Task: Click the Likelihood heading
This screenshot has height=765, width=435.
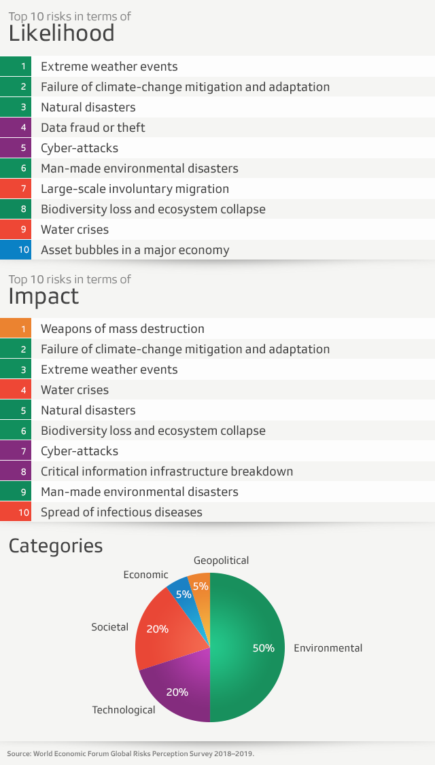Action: click(61, 33)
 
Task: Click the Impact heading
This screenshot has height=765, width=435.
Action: click(43, 296)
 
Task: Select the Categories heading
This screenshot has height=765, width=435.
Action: click(56, 546)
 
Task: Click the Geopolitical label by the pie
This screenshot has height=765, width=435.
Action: click(221, 561)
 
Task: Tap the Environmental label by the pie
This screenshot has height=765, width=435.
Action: click(328, 648)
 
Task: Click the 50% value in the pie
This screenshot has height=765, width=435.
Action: click(263, 648)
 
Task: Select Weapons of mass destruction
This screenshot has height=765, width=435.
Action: click(122, 329)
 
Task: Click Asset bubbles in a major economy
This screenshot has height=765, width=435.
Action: click(135, 250)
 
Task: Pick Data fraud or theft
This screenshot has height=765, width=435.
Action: click(92, 128)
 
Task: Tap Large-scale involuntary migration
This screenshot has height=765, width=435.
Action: click(135, 189)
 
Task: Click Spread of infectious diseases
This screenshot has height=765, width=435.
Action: click(121, 512)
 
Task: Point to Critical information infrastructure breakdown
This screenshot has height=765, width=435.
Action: click(167, 472)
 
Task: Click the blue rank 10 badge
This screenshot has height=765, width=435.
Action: click(24, 250)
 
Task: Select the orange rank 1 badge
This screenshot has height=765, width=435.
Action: click(24, 329)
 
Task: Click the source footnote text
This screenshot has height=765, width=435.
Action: click(130, 753)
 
